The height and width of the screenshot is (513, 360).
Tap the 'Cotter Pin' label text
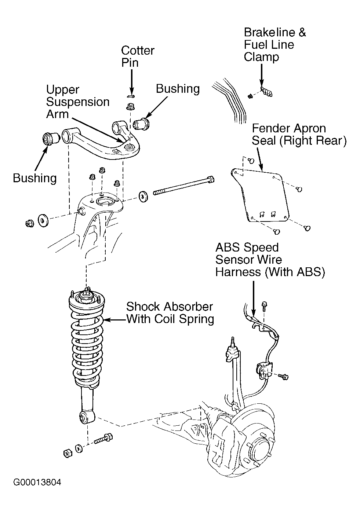138,56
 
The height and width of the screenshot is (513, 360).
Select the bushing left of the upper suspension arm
51,139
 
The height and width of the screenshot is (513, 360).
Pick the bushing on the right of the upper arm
142,124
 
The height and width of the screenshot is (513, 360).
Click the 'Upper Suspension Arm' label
78,102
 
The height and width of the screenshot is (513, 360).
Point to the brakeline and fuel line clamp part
266,92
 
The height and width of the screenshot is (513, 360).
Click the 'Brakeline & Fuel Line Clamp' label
274,44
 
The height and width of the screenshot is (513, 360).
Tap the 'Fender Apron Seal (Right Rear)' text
299,135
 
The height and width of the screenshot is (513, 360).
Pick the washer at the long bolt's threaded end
143,196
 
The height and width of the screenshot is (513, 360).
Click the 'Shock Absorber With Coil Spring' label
170,313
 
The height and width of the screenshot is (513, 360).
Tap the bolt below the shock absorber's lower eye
103,439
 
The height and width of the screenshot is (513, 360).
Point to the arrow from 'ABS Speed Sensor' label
254,298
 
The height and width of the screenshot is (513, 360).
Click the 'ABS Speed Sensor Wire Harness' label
270,260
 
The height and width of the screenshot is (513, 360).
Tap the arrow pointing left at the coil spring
115,320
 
